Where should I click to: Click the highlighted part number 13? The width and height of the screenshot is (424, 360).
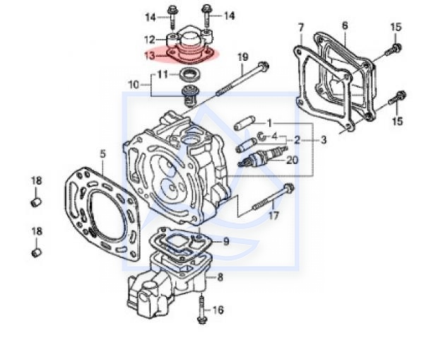coord(150,56)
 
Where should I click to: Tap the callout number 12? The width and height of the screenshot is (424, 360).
coord(150,40)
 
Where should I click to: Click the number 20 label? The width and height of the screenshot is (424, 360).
coord(293,160)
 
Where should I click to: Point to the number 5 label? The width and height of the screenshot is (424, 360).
coord(102,154)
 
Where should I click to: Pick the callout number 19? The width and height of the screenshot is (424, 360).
coord(242,57)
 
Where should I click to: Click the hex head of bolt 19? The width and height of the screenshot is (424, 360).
coord(264,65)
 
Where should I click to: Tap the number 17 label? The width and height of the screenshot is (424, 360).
coord(273,216)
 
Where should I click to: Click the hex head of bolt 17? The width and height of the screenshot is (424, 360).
coord(288,187)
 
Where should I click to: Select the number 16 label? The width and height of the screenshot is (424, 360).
coord(218,310)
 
